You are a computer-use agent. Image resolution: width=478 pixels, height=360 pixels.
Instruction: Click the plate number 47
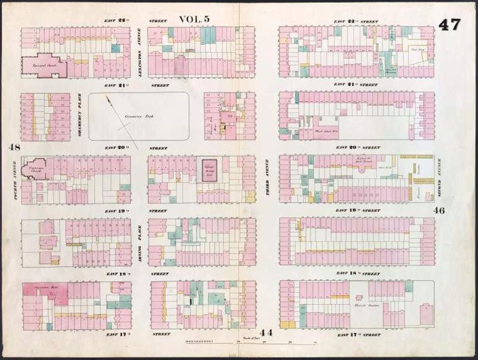point(449,24)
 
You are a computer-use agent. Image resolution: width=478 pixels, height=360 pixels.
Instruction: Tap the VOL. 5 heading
point(194,19)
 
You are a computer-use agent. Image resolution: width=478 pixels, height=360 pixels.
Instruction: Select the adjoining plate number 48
point(14,147)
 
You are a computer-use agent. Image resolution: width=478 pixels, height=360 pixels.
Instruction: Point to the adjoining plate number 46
point(439,210)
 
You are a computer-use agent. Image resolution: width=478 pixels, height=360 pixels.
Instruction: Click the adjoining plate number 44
point(266,332)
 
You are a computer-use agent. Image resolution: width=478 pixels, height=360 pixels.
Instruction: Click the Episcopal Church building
point(42,65)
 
